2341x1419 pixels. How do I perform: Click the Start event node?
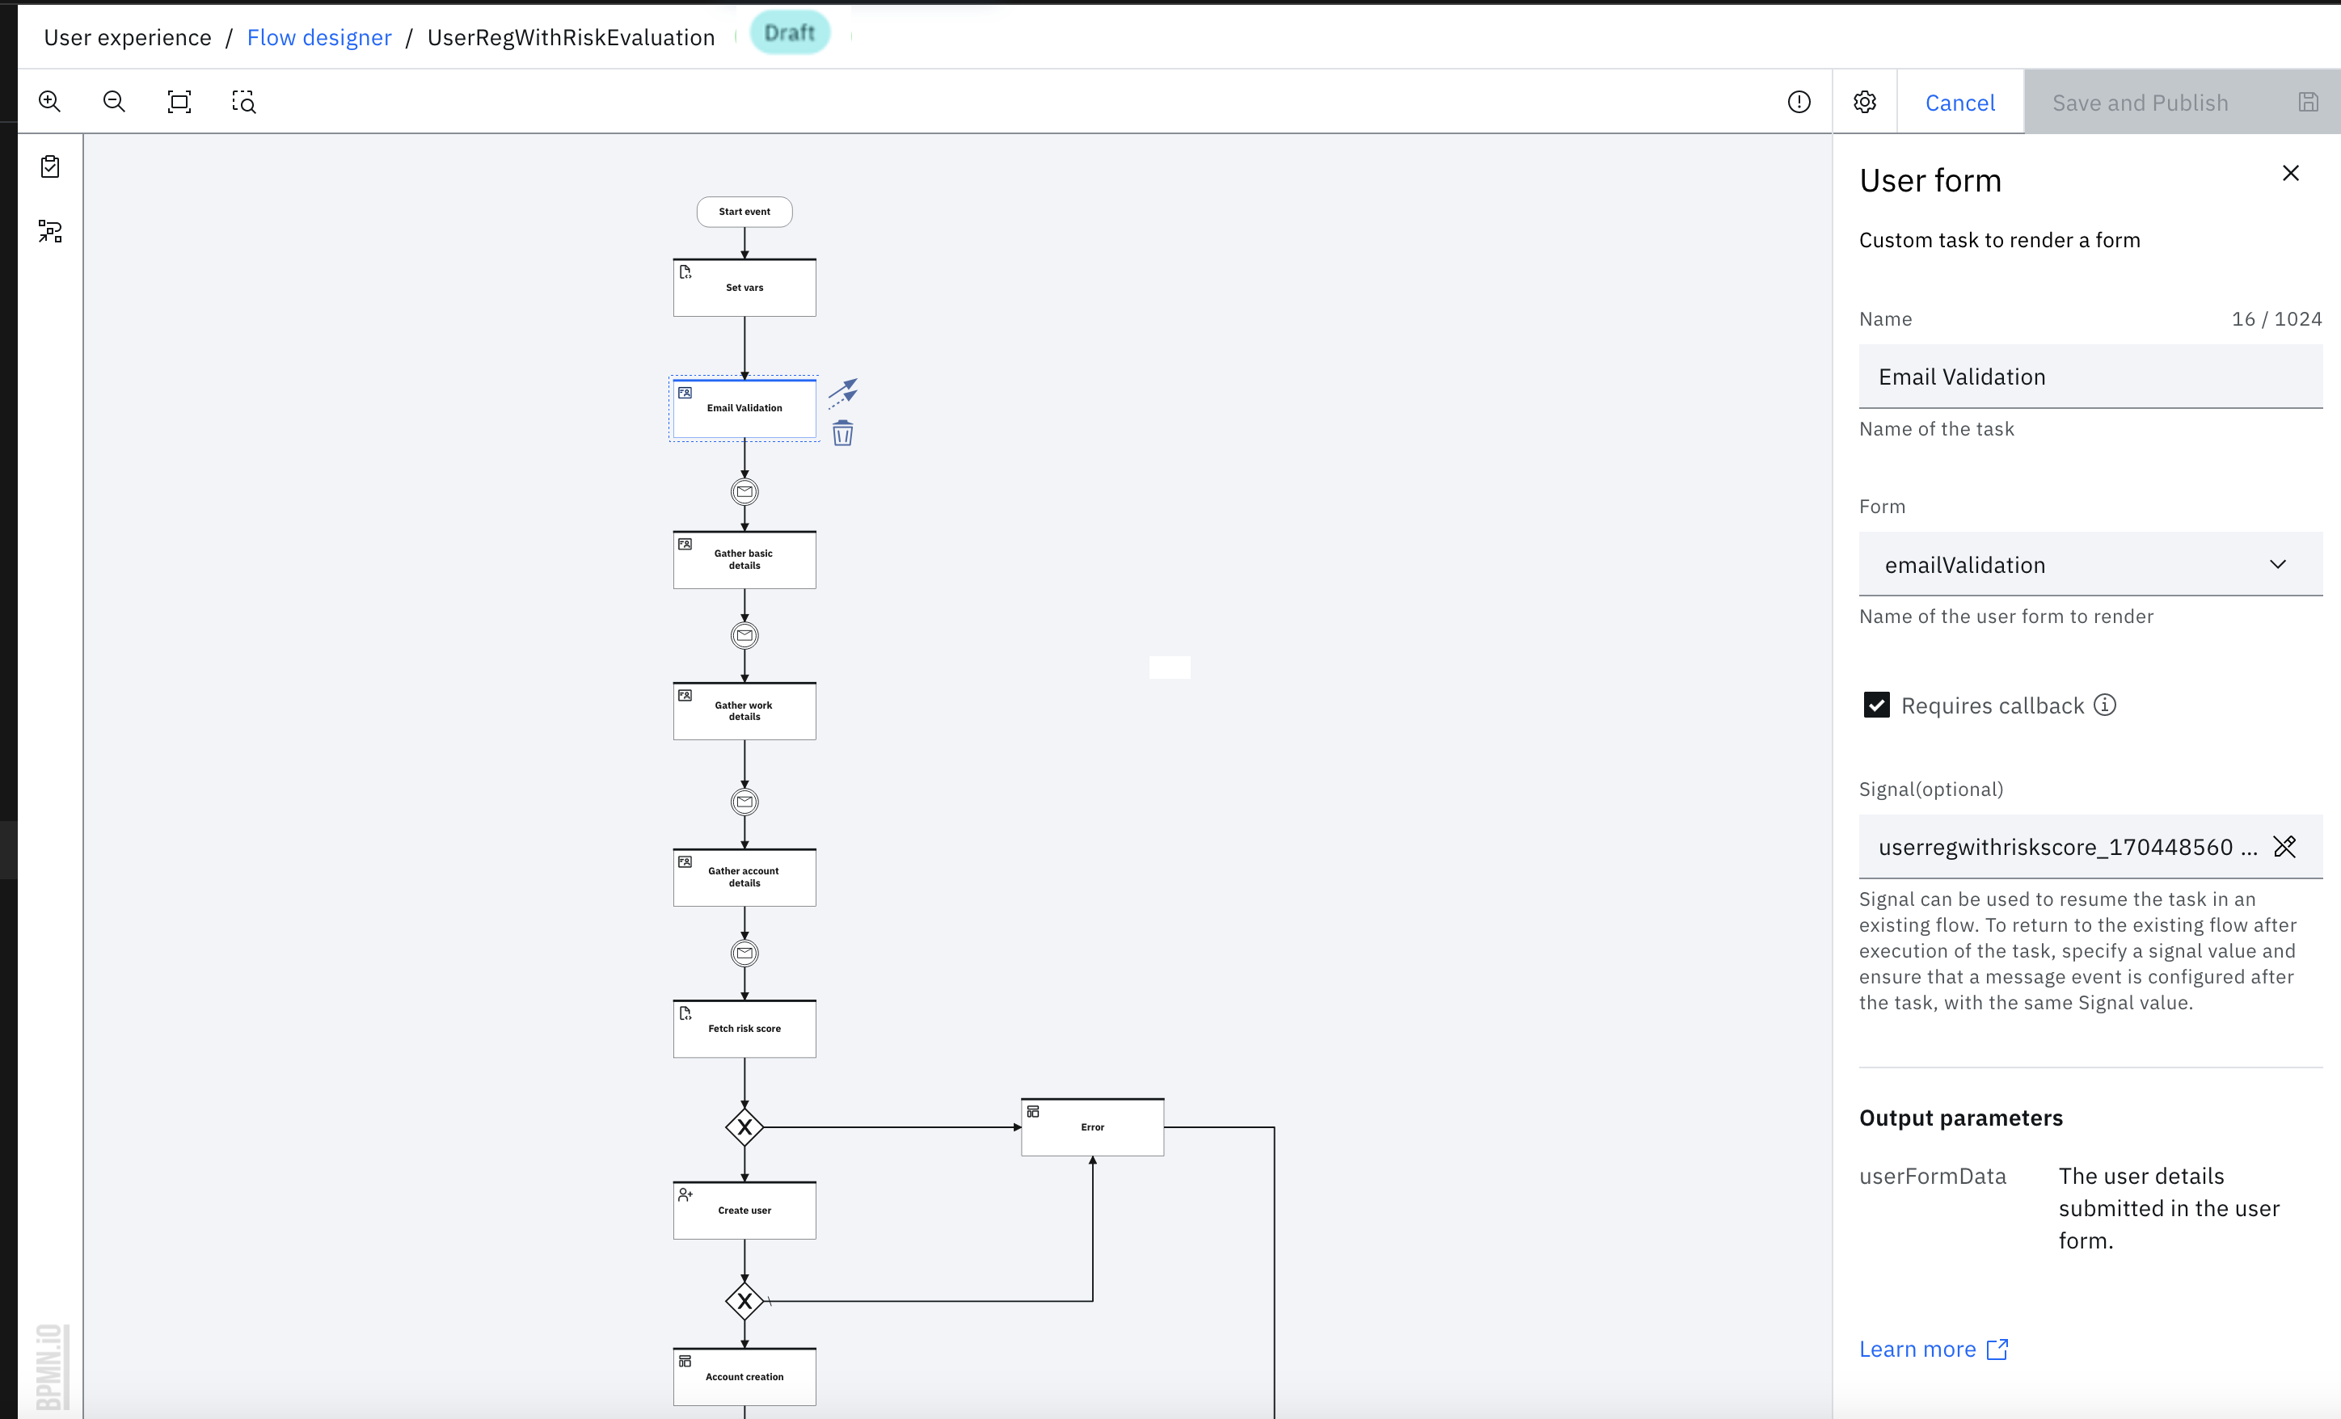(x=744, y=212)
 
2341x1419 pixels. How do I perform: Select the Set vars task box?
(x=744, y=288)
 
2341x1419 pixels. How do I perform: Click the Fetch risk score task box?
(x=744, y=1029)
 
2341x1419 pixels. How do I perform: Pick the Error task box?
(x=1091, y=1127)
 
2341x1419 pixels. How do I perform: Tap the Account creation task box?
(x=744, y=1376)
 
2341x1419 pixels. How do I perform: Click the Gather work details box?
(x=744, y=711)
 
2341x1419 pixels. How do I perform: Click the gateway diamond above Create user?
(x=744, y=1127)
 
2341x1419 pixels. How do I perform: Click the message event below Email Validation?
(x=744, y=492)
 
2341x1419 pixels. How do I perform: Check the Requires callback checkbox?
(x=1876, y=705)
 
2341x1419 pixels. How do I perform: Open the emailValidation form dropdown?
(x=2090, y=564)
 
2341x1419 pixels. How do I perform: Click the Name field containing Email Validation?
(x=2090, y=377)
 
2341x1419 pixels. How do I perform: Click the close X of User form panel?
(x=2291, y=173)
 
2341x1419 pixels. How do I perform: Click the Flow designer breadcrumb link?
(x=319, y=38)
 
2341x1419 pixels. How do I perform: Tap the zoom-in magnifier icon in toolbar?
(x=49, y=102)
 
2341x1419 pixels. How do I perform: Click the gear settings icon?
(x=1864, y=102)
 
